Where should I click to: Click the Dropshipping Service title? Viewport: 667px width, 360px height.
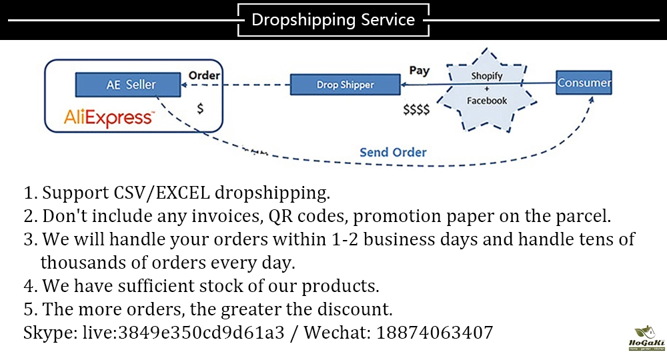pos(333,20)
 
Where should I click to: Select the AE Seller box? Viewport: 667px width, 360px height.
pos(127,84)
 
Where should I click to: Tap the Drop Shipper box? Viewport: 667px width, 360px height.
pos(345,85)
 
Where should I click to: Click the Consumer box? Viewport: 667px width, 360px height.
pos(584,83)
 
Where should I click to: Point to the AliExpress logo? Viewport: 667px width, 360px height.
pos(109,118)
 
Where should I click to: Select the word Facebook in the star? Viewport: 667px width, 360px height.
pos(486,101)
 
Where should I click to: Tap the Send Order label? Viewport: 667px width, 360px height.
pos(393,152)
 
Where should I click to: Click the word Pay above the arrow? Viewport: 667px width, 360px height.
pos(419,70)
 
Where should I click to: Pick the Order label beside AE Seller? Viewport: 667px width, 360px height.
pos(204,75)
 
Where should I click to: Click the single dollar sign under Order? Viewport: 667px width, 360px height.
pos(199,109)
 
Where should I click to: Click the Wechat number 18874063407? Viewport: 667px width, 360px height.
pos(434,332)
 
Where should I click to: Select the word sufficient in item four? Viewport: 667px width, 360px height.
pos(148,287)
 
